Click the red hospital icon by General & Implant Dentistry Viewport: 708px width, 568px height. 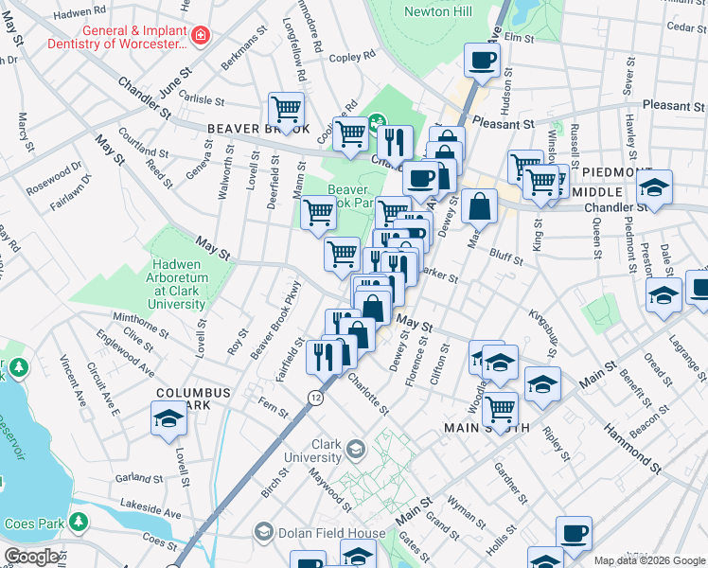click(x=200, y=37)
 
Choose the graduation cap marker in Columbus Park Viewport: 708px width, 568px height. click(x=168, y=417)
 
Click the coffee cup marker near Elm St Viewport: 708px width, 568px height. click(x=482, y=61)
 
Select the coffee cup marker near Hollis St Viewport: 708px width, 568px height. click(x=574, y=533)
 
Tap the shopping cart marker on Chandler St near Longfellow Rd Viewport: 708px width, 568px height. click(x=285, y=109)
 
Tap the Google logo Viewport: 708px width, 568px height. click(x=32, y=557)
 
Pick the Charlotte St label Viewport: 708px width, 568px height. click(x=367, y=396)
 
